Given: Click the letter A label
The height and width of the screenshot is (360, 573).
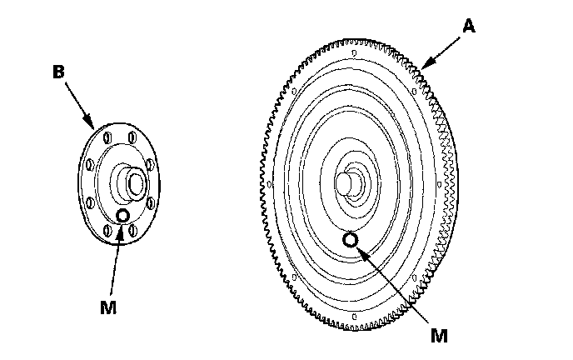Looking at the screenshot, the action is tap(469, 27).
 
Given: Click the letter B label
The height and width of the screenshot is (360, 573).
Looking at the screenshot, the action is tap(58, 72).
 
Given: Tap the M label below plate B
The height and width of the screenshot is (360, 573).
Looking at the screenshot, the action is tap(107, 307).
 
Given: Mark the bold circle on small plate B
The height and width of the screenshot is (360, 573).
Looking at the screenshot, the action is tap(123, 216).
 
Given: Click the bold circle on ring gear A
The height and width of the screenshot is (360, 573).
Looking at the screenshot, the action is tap(351, 240).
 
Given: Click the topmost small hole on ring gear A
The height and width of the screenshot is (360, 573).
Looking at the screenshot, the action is tap(353, 56).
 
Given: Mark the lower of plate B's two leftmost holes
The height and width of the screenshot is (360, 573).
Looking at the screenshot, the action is tap(89, 202).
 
